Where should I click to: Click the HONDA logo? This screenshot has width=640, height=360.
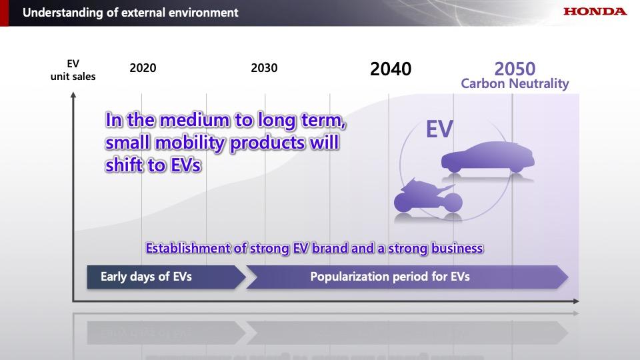595,11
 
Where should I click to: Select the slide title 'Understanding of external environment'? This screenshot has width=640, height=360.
131,13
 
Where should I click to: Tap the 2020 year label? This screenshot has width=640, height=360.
143,68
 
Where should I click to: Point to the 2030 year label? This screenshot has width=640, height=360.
264,68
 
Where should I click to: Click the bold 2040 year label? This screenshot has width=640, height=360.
391,69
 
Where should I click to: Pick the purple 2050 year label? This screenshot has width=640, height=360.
515,69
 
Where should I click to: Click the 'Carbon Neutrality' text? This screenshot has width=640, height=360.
515,84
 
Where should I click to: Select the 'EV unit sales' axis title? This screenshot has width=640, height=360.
73,70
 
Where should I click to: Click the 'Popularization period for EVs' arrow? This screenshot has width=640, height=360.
407,277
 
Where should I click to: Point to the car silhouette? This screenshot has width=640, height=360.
488,157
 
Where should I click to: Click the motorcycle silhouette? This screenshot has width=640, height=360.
428,196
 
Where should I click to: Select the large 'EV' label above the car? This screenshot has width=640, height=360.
439,129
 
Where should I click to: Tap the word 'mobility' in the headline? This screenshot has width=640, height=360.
190,143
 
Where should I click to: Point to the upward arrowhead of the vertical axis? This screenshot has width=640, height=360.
73,95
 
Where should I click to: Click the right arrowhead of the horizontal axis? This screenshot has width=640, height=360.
576,301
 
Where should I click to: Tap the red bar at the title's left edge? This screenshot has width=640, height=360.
4,13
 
